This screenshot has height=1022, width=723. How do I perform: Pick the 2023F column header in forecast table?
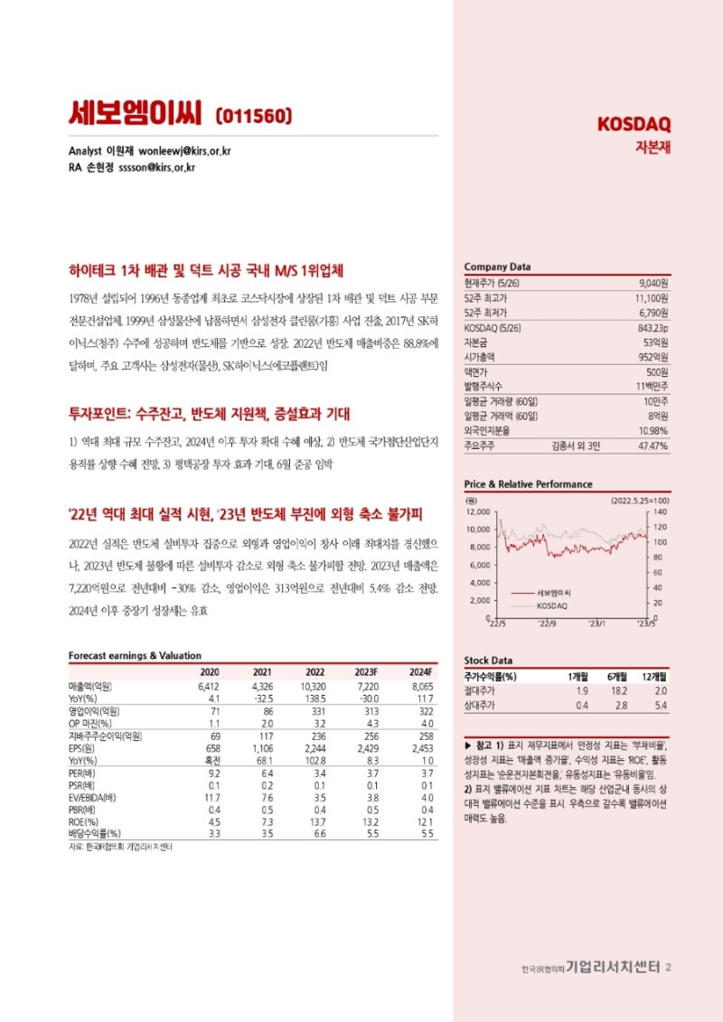(x=365, y=672)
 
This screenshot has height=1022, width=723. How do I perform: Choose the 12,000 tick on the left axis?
(x=476, y=511)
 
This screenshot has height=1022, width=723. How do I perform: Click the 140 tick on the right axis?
(x=661, y=511)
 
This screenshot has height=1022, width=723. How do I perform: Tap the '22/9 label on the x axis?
(x=546, y=624)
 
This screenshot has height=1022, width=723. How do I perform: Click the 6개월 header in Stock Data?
(x=618, y=676)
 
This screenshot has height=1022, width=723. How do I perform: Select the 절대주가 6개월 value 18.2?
(x=621, y=690)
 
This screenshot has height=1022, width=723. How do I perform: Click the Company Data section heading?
(x=497, y=267)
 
